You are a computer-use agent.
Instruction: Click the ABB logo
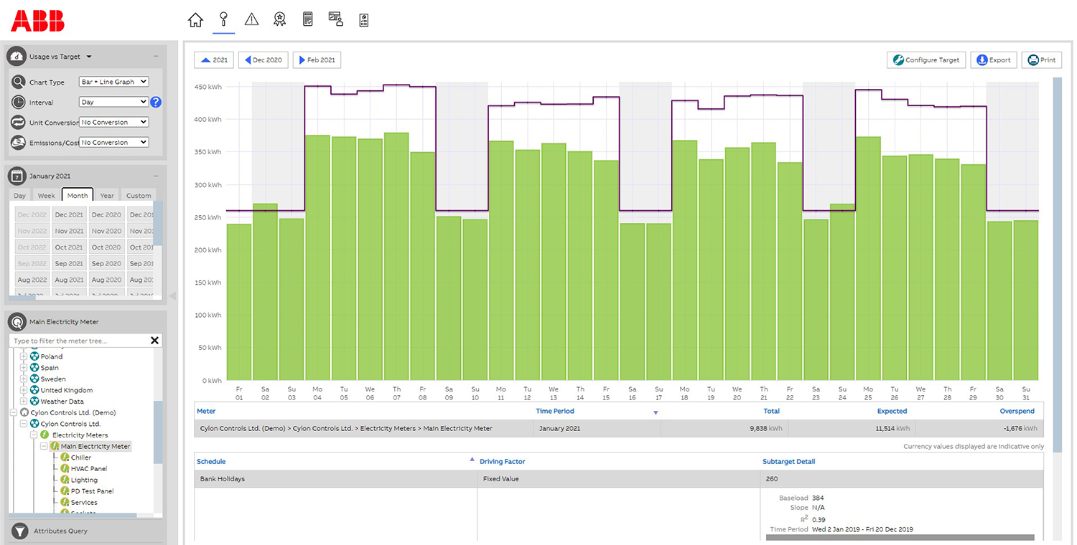pyautogui.click(x=37, y=21)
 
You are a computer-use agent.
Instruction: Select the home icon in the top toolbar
pyautogui.click(x=195, y=20)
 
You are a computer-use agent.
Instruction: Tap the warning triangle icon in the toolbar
pyautogui.click(x=251, y=20)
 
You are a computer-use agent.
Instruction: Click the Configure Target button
pyautogui.click(x=926, y=60)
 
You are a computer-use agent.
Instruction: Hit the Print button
pyautogui.click(x=1041, y=60)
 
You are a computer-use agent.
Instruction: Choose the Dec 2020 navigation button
pyautogui.click(x=263, y=60)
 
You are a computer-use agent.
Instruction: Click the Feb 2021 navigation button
pyautogui.click(x=317, y=60)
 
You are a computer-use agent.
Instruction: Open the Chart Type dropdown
pyautogui.click(x=114, y=82)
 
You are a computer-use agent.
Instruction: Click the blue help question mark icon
pyautogui.click(x=156, y=102)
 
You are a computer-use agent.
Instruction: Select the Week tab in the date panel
pyautogui.click(x=46, y=195)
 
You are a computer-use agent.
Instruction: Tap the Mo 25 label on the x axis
pyautogui.click(x=868, y=393)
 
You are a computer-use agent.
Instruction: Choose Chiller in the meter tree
pyautogui.click(x=80, y=458)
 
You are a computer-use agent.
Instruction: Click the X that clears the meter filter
pyautogui.click(x=154, y=341)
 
